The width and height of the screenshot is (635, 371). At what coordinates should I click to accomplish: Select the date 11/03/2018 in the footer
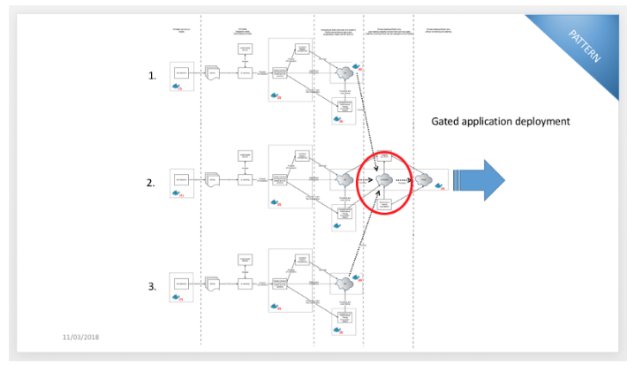pyautogui.click(x=81, y=337)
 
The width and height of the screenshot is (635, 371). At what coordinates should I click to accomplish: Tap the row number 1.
pyautogui.click(x=152, y=76)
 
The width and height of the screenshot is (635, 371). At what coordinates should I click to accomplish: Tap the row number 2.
pyautogui.click(x=152, y=183)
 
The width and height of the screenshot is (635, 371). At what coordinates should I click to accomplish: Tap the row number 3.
pyautogui.click(x=152, y=286)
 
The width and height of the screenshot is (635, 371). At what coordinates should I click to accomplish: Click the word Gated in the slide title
pyautogui.click(x=450, y=122)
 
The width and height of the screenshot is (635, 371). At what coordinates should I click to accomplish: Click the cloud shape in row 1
pyautogui.click(x=342, y=73)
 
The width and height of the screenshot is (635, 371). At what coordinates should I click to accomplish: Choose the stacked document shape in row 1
pyautogui.click(x=212, y=73)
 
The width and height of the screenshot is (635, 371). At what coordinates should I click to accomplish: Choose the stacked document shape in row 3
pyautogui.click(x=212, y=284)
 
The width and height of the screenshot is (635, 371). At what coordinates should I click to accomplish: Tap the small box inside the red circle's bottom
pyautogui.click(x=385, y=205)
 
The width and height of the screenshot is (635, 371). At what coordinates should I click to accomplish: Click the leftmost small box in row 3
pyautogui.click(x=181, y=283)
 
